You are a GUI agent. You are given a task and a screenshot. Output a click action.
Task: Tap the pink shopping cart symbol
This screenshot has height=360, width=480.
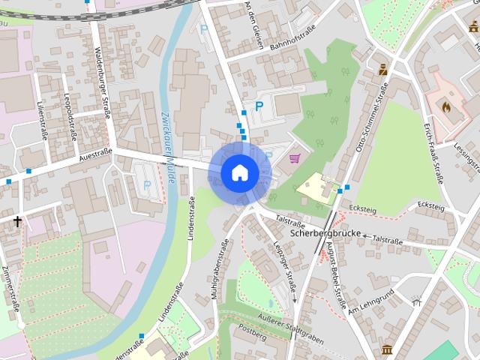point(295,158)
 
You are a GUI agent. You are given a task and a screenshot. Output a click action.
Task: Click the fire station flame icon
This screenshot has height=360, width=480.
point(447,107)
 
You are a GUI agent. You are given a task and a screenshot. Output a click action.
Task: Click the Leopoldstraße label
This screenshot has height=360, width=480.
point(71,118)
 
